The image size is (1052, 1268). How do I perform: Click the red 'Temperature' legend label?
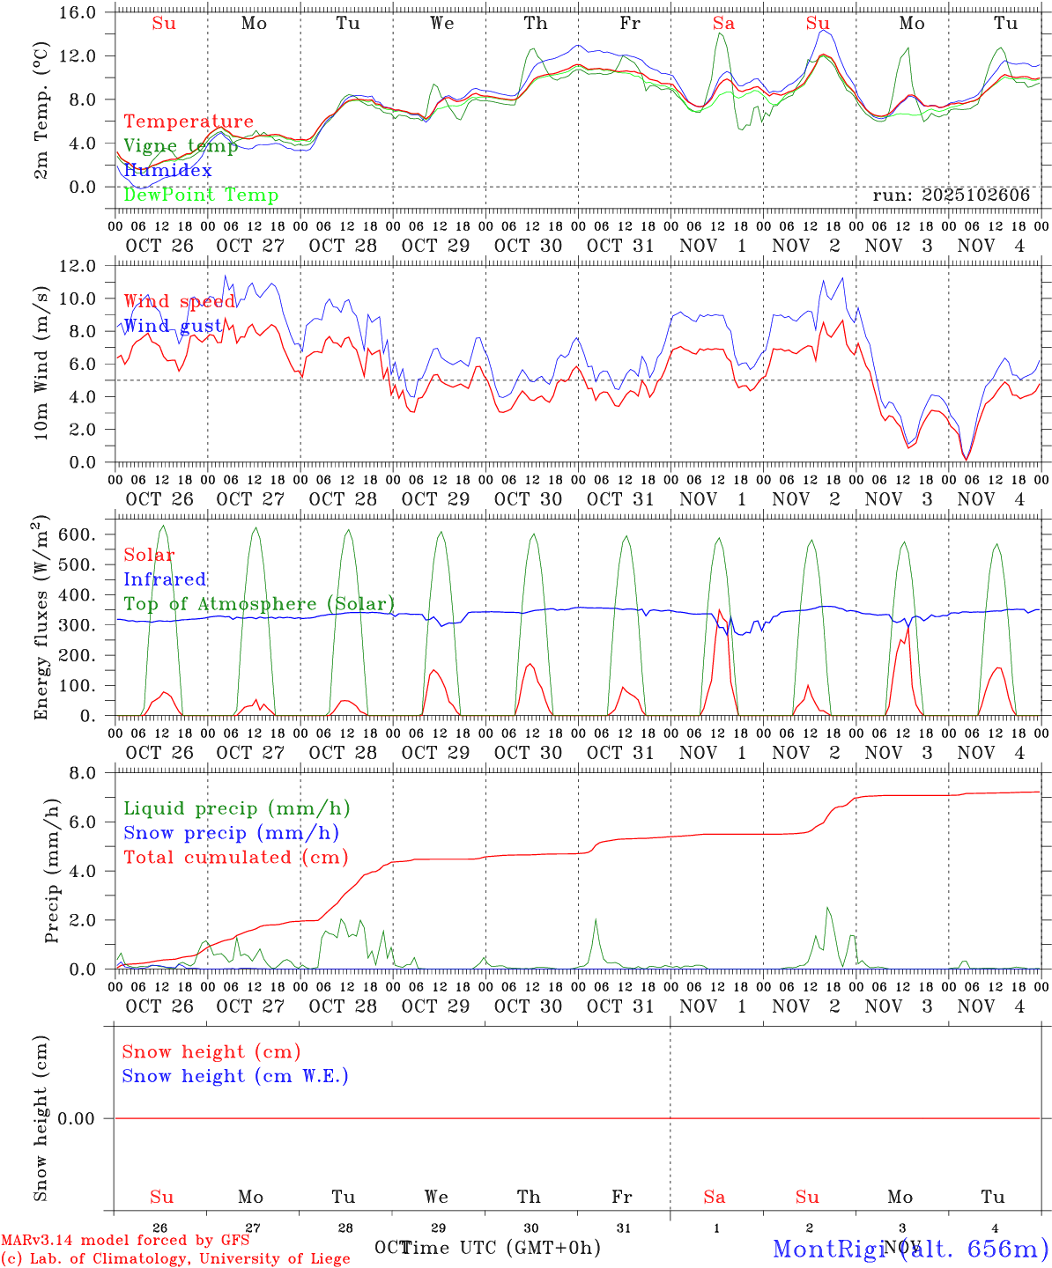tap(189, 122)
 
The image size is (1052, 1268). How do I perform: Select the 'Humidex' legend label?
tap(167, 170)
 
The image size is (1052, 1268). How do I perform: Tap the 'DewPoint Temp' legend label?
tap(201, 195)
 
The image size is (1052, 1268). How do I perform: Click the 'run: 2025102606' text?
tap(951, 195)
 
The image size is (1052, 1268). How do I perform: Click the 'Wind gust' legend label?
tap(173, 326)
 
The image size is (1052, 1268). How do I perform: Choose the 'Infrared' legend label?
tap(165, 579)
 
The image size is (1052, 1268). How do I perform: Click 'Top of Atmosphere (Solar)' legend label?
tap(259, 604)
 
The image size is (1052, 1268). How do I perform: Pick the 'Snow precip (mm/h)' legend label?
tap(231, 833)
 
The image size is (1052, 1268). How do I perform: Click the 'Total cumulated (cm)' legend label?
tap(235, 858)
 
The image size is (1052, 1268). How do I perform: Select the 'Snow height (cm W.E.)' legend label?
tap(235, 1076)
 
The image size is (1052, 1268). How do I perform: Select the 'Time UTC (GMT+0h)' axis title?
tap(501, 1248)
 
